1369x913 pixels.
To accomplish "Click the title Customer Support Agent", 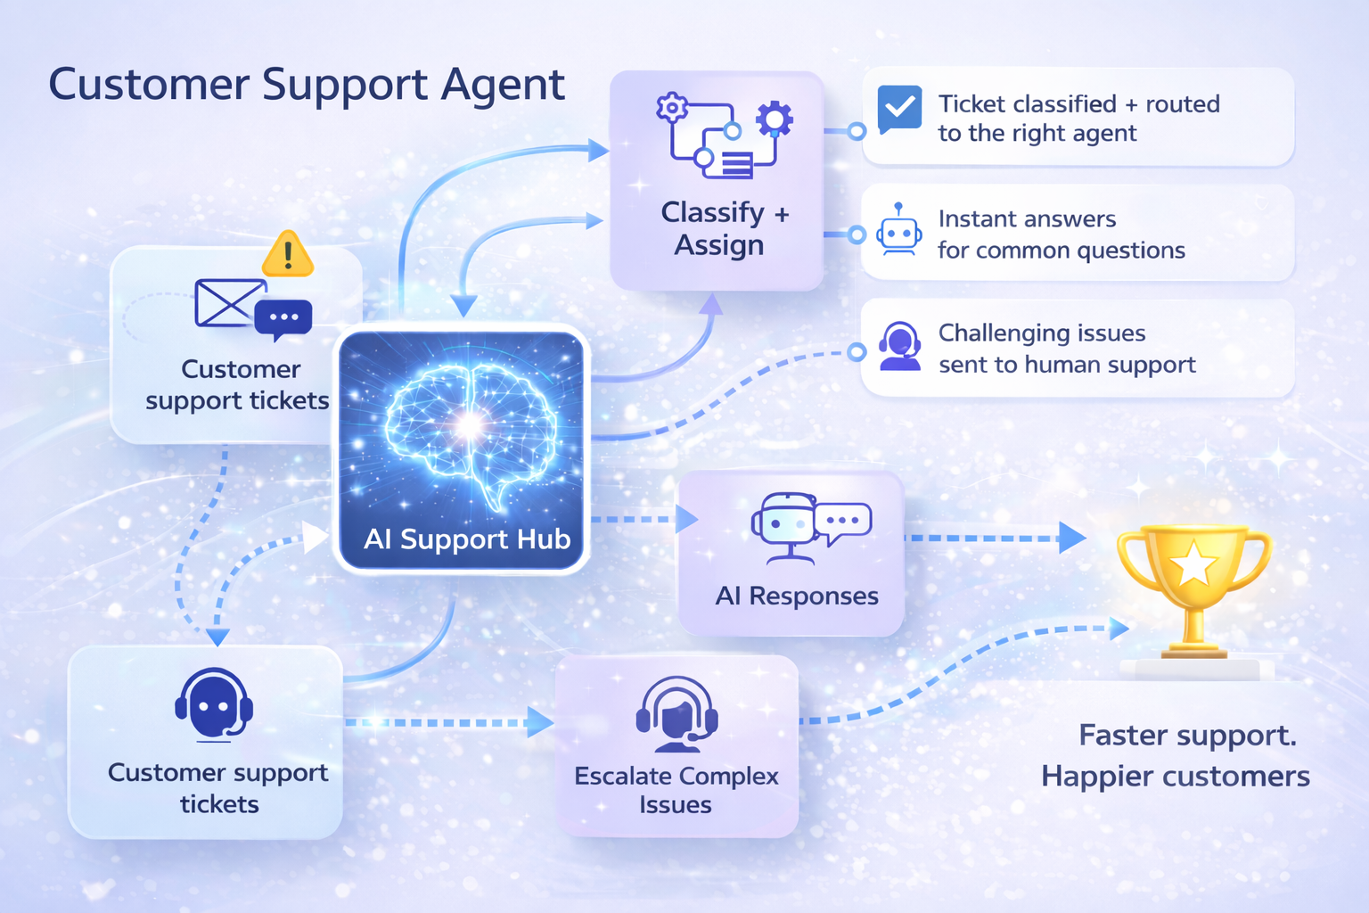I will pos(306,86).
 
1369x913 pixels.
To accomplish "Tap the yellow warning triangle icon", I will pos(287,254).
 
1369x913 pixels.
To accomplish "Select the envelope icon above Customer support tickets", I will pos(229,302).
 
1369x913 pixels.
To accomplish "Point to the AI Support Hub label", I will pos(467,539).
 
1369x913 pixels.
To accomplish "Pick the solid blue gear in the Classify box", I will pos(774,119).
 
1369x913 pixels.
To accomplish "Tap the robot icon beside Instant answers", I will pos(898,231).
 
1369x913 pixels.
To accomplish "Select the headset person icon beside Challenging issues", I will pos(899,346).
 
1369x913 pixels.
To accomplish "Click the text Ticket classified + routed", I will pos(1078,104).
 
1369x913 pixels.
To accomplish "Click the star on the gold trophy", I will pos(1193,563).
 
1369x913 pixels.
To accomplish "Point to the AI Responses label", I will pos(797,596).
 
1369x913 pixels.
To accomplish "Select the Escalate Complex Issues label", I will pos(676,790).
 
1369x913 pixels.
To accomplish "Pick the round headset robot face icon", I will pos(214,704).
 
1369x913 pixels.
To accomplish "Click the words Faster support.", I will pos(1187,736).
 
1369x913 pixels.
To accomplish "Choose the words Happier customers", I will pos(1175,777).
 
